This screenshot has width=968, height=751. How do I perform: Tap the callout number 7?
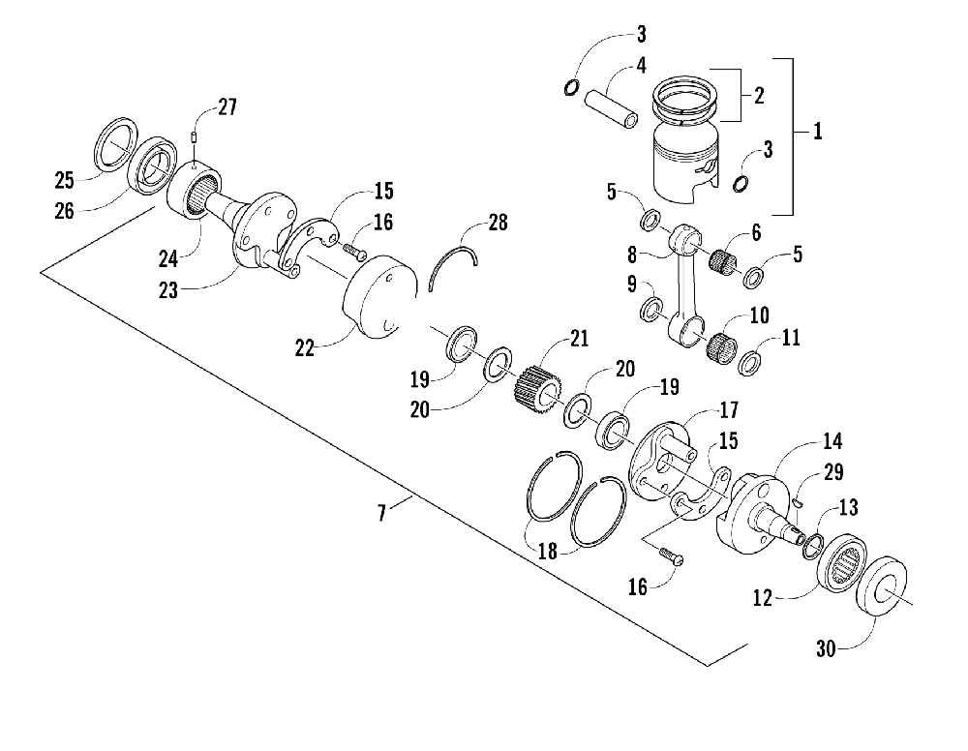pyautogui.click(x=382, y=513)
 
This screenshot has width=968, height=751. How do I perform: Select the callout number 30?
pyautogui.click(x=826, y=648)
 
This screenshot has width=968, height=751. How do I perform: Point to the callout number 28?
pyautogui.click(x=498, y=223)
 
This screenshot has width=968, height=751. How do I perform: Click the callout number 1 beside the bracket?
pyautogui.click(x=818, y=131)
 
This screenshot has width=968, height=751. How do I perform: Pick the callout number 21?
pyautogui.click(x=579, y=338)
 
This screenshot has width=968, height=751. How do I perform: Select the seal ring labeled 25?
pyautogui.click(x=116, y=142)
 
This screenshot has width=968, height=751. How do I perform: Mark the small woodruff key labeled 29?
pyautogui.click(x=799, y=502)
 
